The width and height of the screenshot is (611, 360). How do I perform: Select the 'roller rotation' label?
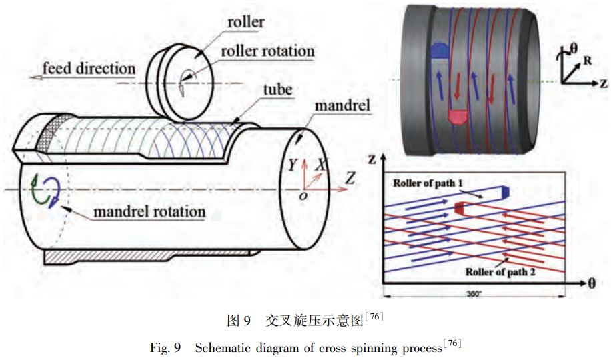tap(267, 51)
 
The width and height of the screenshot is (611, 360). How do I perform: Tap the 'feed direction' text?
tap(89, 69)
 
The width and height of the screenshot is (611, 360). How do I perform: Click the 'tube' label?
tap(277, 89)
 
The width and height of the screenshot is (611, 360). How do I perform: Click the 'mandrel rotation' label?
tap(149, 213)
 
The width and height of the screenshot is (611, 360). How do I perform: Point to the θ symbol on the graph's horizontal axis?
tap(591, 283)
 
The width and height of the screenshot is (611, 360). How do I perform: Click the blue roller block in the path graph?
tap(505, 192)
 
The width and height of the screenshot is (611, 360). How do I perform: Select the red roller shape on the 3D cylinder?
tap(458, 117)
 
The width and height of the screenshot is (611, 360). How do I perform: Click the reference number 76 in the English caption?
tap(452, 344)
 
